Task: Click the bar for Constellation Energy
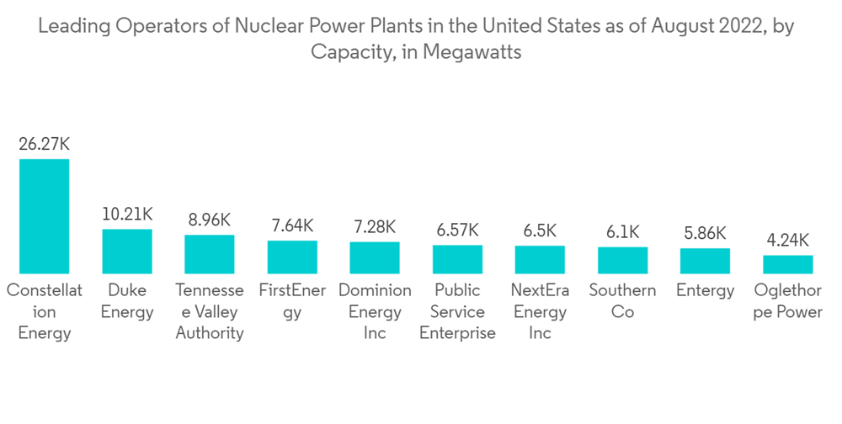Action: (45, 215)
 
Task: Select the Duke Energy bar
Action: (127, 251)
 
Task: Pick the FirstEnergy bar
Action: (292, 257)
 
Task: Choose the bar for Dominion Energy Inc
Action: (375, 257)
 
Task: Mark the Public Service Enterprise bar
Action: (457, 259)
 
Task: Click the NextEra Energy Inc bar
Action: (540, 259)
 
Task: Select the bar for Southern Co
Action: (622, 260)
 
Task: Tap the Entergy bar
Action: (705, 261)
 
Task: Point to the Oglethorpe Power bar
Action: (787, 264)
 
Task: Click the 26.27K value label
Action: (44, 144)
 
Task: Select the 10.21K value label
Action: (127, 214)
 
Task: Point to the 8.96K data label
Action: (210, 220)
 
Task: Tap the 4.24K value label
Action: (787, 241)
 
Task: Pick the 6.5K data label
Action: (540, 231)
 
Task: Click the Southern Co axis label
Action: (622, 301)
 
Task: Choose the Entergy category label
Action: (705, 291)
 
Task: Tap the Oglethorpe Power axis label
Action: (787, 301)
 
